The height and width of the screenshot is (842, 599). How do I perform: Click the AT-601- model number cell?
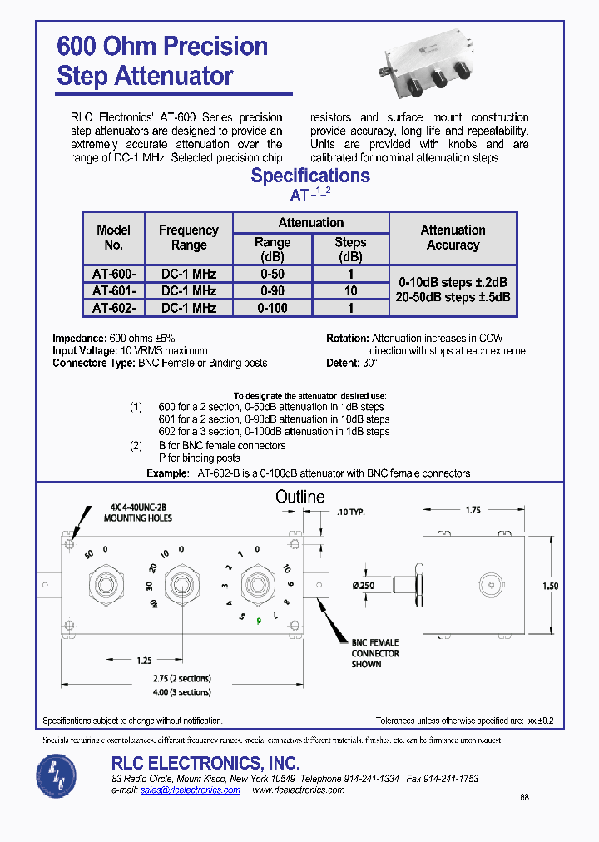pos(114,291)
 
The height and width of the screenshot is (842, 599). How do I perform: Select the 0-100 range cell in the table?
pos(272,308)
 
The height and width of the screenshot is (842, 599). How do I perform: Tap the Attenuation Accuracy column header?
pos(453,238)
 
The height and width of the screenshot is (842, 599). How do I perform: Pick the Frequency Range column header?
pos(189,238)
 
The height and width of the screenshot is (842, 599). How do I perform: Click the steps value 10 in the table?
pos(350,291)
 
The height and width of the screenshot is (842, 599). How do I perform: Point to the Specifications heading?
pos(310,176)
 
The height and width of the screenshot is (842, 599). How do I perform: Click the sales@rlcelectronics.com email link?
pos(191,790)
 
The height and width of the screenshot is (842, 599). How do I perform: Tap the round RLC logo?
pos(57,774)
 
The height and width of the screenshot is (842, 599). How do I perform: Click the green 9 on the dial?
pos(260,621)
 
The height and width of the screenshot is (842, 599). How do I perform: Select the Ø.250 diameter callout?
pos(364,587)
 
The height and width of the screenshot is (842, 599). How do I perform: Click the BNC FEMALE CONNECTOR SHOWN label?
pos(375,653)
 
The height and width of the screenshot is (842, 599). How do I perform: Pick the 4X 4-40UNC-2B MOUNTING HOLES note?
pos(138,513)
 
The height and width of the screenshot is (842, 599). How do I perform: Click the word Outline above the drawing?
pos(300,497)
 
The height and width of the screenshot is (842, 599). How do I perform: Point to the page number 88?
pos(524,797)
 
